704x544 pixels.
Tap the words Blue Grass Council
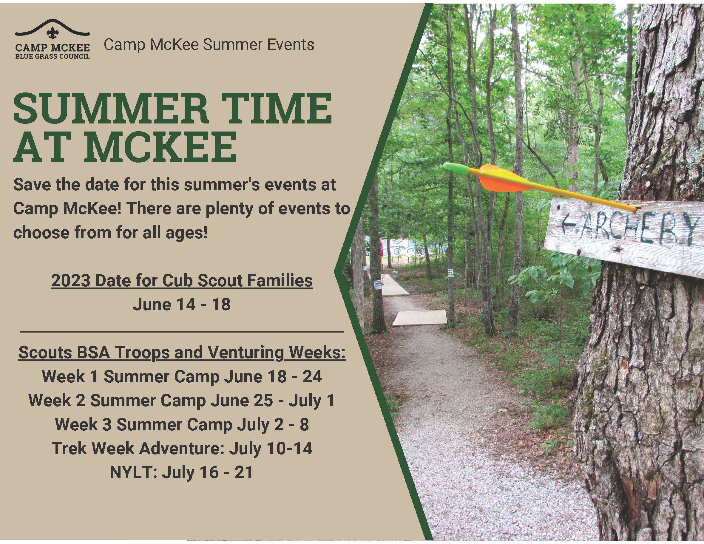point(52,56)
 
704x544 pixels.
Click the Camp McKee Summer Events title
point(209,44)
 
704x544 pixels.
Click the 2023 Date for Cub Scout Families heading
point(182,280)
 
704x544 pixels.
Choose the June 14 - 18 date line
point(182,304)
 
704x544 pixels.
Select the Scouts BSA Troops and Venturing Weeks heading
point(182,353)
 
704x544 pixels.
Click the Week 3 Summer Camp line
point(182,424)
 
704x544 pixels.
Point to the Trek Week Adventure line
point(182,448)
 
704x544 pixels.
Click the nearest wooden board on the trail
point(419,319)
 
